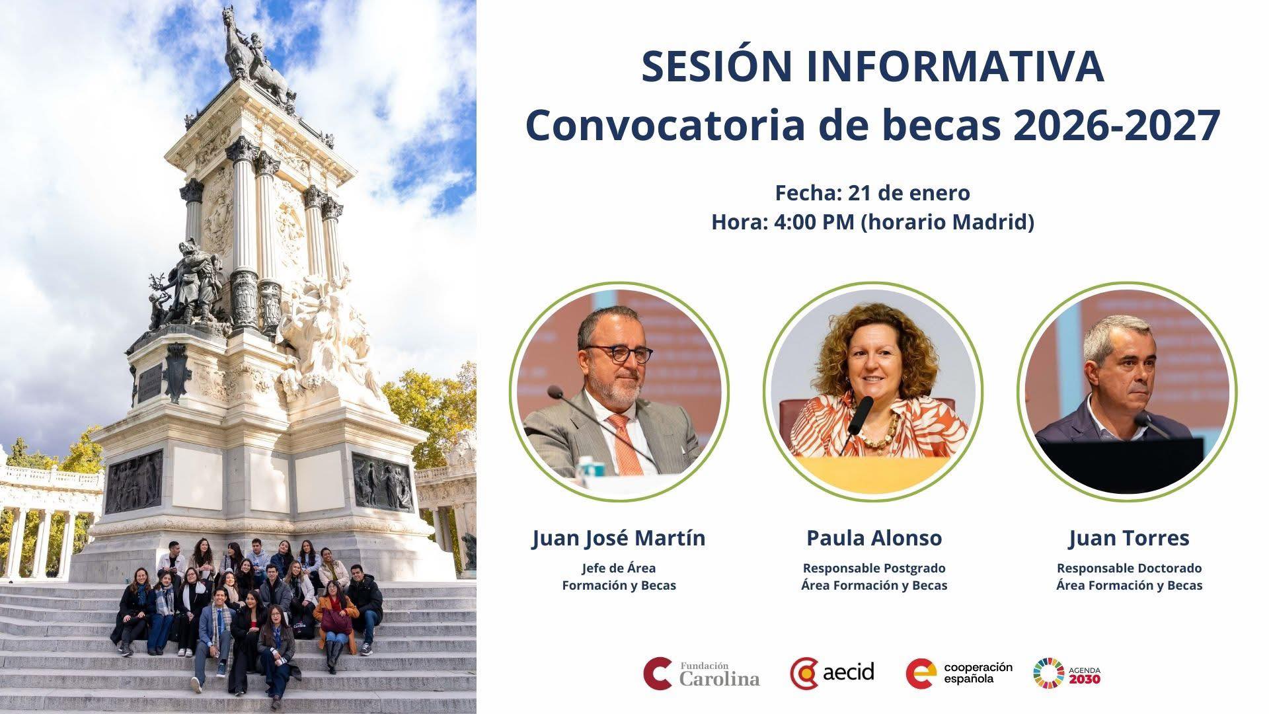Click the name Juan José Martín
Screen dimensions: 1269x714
619,538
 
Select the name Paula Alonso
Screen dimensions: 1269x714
874,538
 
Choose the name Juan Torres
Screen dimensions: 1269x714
1129,538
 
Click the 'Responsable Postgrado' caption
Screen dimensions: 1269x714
874,568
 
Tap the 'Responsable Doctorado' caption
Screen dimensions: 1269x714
1129,568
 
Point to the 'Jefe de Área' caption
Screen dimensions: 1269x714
619,568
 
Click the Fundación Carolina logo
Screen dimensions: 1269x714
701,673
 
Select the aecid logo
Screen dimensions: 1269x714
832,673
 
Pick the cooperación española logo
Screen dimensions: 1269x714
959,673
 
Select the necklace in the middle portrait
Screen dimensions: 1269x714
876,433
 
